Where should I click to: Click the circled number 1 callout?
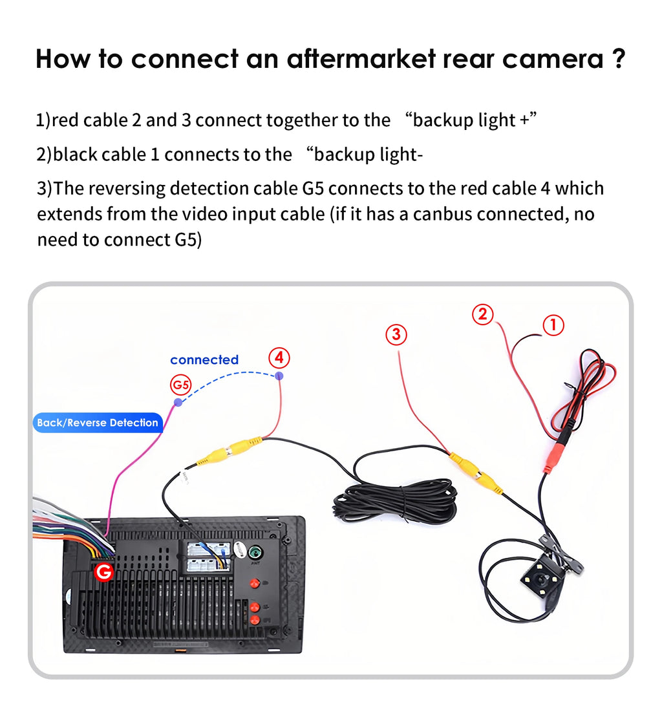[553, 325]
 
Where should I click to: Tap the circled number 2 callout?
[482, 315]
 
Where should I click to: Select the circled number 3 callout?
[396, 334]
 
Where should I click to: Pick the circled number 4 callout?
[279, 358]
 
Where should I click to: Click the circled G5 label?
[181, 385]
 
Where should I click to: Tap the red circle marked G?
[103, 572]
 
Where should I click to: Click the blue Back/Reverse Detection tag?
[98, 423]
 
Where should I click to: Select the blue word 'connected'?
[204, 360]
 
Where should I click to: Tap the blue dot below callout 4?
[279, 376]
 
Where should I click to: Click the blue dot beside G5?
[178, 402]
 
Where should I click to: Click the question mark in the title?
[617, 59]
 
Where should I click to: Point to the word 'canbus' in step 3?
[443, 214]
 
